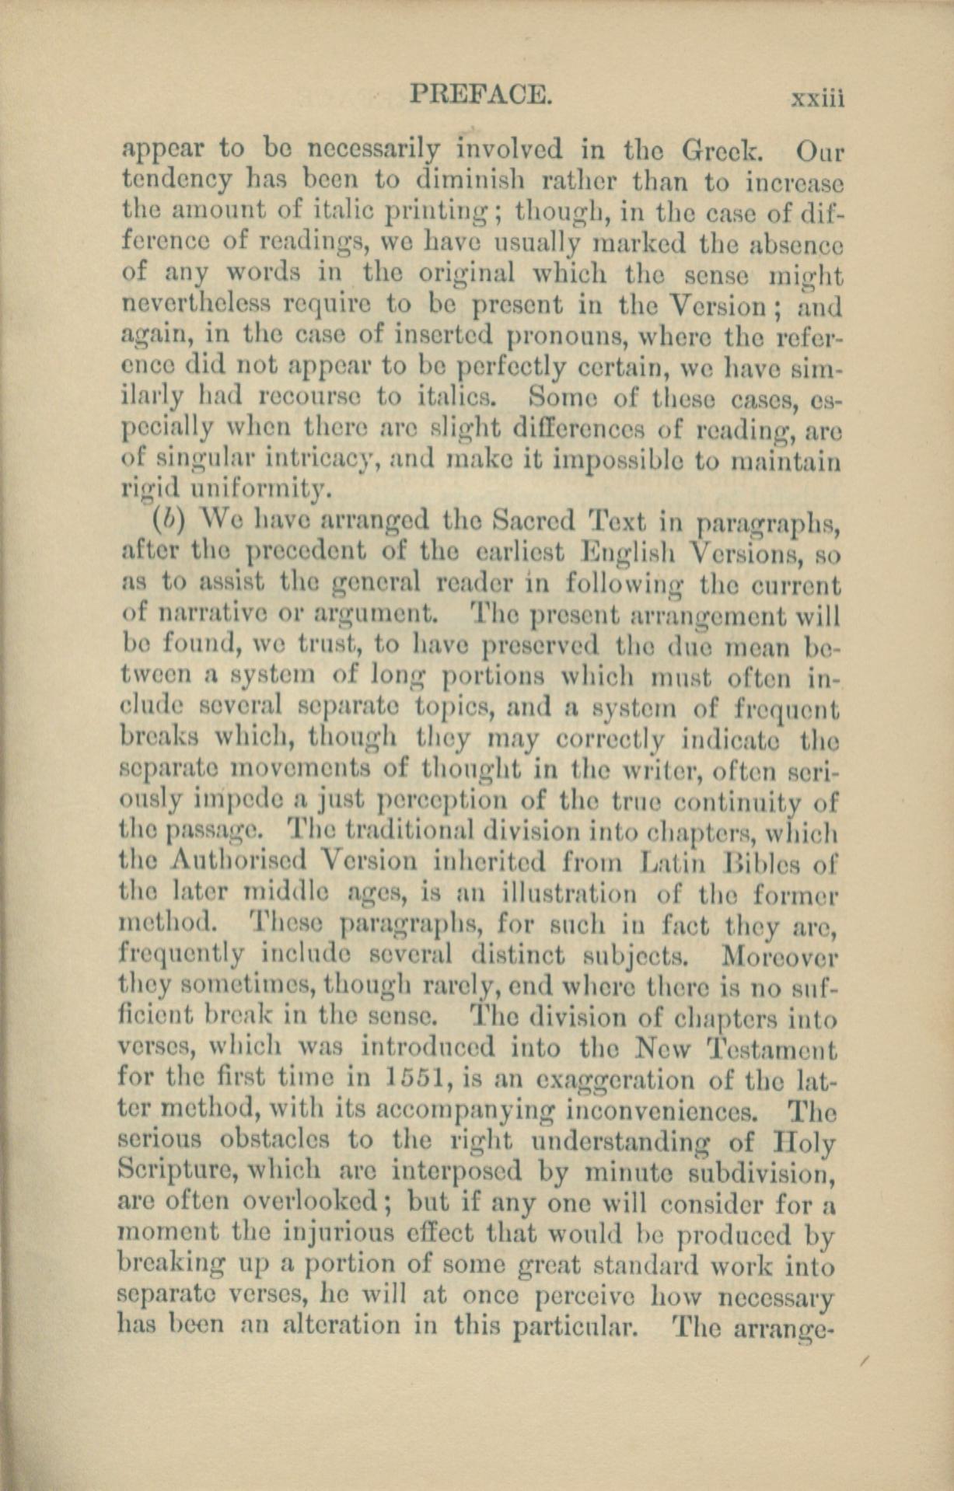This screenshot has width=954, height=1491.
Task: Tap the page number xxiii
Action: pyautogui.click(x=816, y=99)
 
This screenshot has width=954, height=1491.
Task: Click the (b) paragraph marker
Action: pyautogui.click(x=163, y=519)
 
